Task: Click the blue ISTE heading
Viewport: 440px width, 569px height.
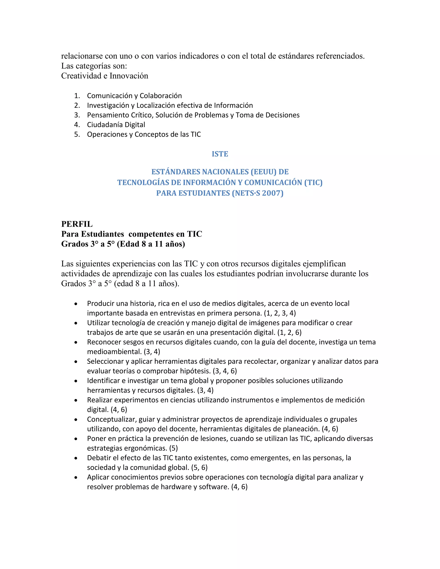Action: [220, 154]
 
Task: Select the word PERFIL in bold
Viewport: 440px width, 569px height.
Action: [77, 224]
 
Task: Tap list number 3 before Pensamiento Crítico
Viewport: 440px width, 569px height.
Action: [77, 115]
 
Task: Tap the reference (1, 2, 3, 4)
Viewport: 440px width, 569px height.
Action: [280, 313]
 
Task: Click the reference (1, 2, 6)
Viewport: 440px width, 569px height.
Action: [289, 332]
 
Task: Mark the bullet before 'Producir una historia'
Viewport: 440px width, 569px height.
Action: [76, 304]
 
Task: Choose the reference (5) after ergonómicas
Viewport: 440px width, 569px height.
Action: [173, 448]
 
